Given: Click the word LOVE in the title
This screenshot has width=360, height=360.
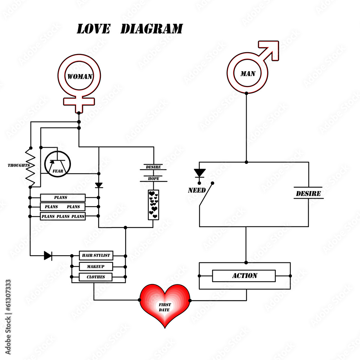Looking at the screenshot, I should point(93,29).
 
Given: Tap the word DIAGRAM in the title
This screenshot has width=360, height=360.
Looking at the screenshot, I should point(151,29).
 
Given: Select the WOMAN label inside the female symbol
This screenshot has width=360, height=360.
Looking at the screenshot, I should point(80,76).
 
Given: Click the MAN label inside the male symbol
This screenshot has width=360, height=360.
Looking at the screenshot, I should point(248,74).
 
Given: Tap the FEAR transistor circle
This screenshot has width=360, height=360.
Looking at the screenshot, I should point(58,164).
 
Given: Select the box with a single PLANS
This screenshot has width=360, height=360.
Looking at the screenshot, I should point(63,198).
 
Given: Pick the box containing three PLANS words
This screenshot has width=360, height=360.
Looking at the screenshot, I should point(63,216).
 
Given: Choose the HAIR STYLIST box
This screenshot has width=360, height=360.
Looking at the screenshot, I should point(96,256).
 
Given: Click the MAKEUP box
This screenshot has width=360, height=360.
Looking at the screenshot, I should point(96,266).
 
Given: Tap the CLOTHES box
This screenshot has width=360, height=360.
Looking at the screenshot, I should point(96,277).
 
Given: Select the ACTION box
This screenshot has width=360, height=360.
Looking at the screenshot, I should point(244,276).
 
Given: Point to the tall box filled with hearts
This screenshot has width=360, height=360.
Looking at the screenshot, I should point(153,205).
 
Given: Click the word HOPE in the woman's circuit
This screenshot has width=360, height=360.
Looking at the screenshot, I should point(153,179).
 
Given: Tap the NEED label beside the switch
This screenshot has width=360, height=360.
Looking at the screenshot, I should point(197,190).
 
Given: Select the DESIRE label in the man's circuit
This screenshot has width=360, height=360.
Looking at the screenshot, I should point(308,193).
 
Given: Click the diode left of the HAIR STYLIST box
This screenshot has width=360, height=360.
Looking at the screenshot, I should point(48,256).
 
